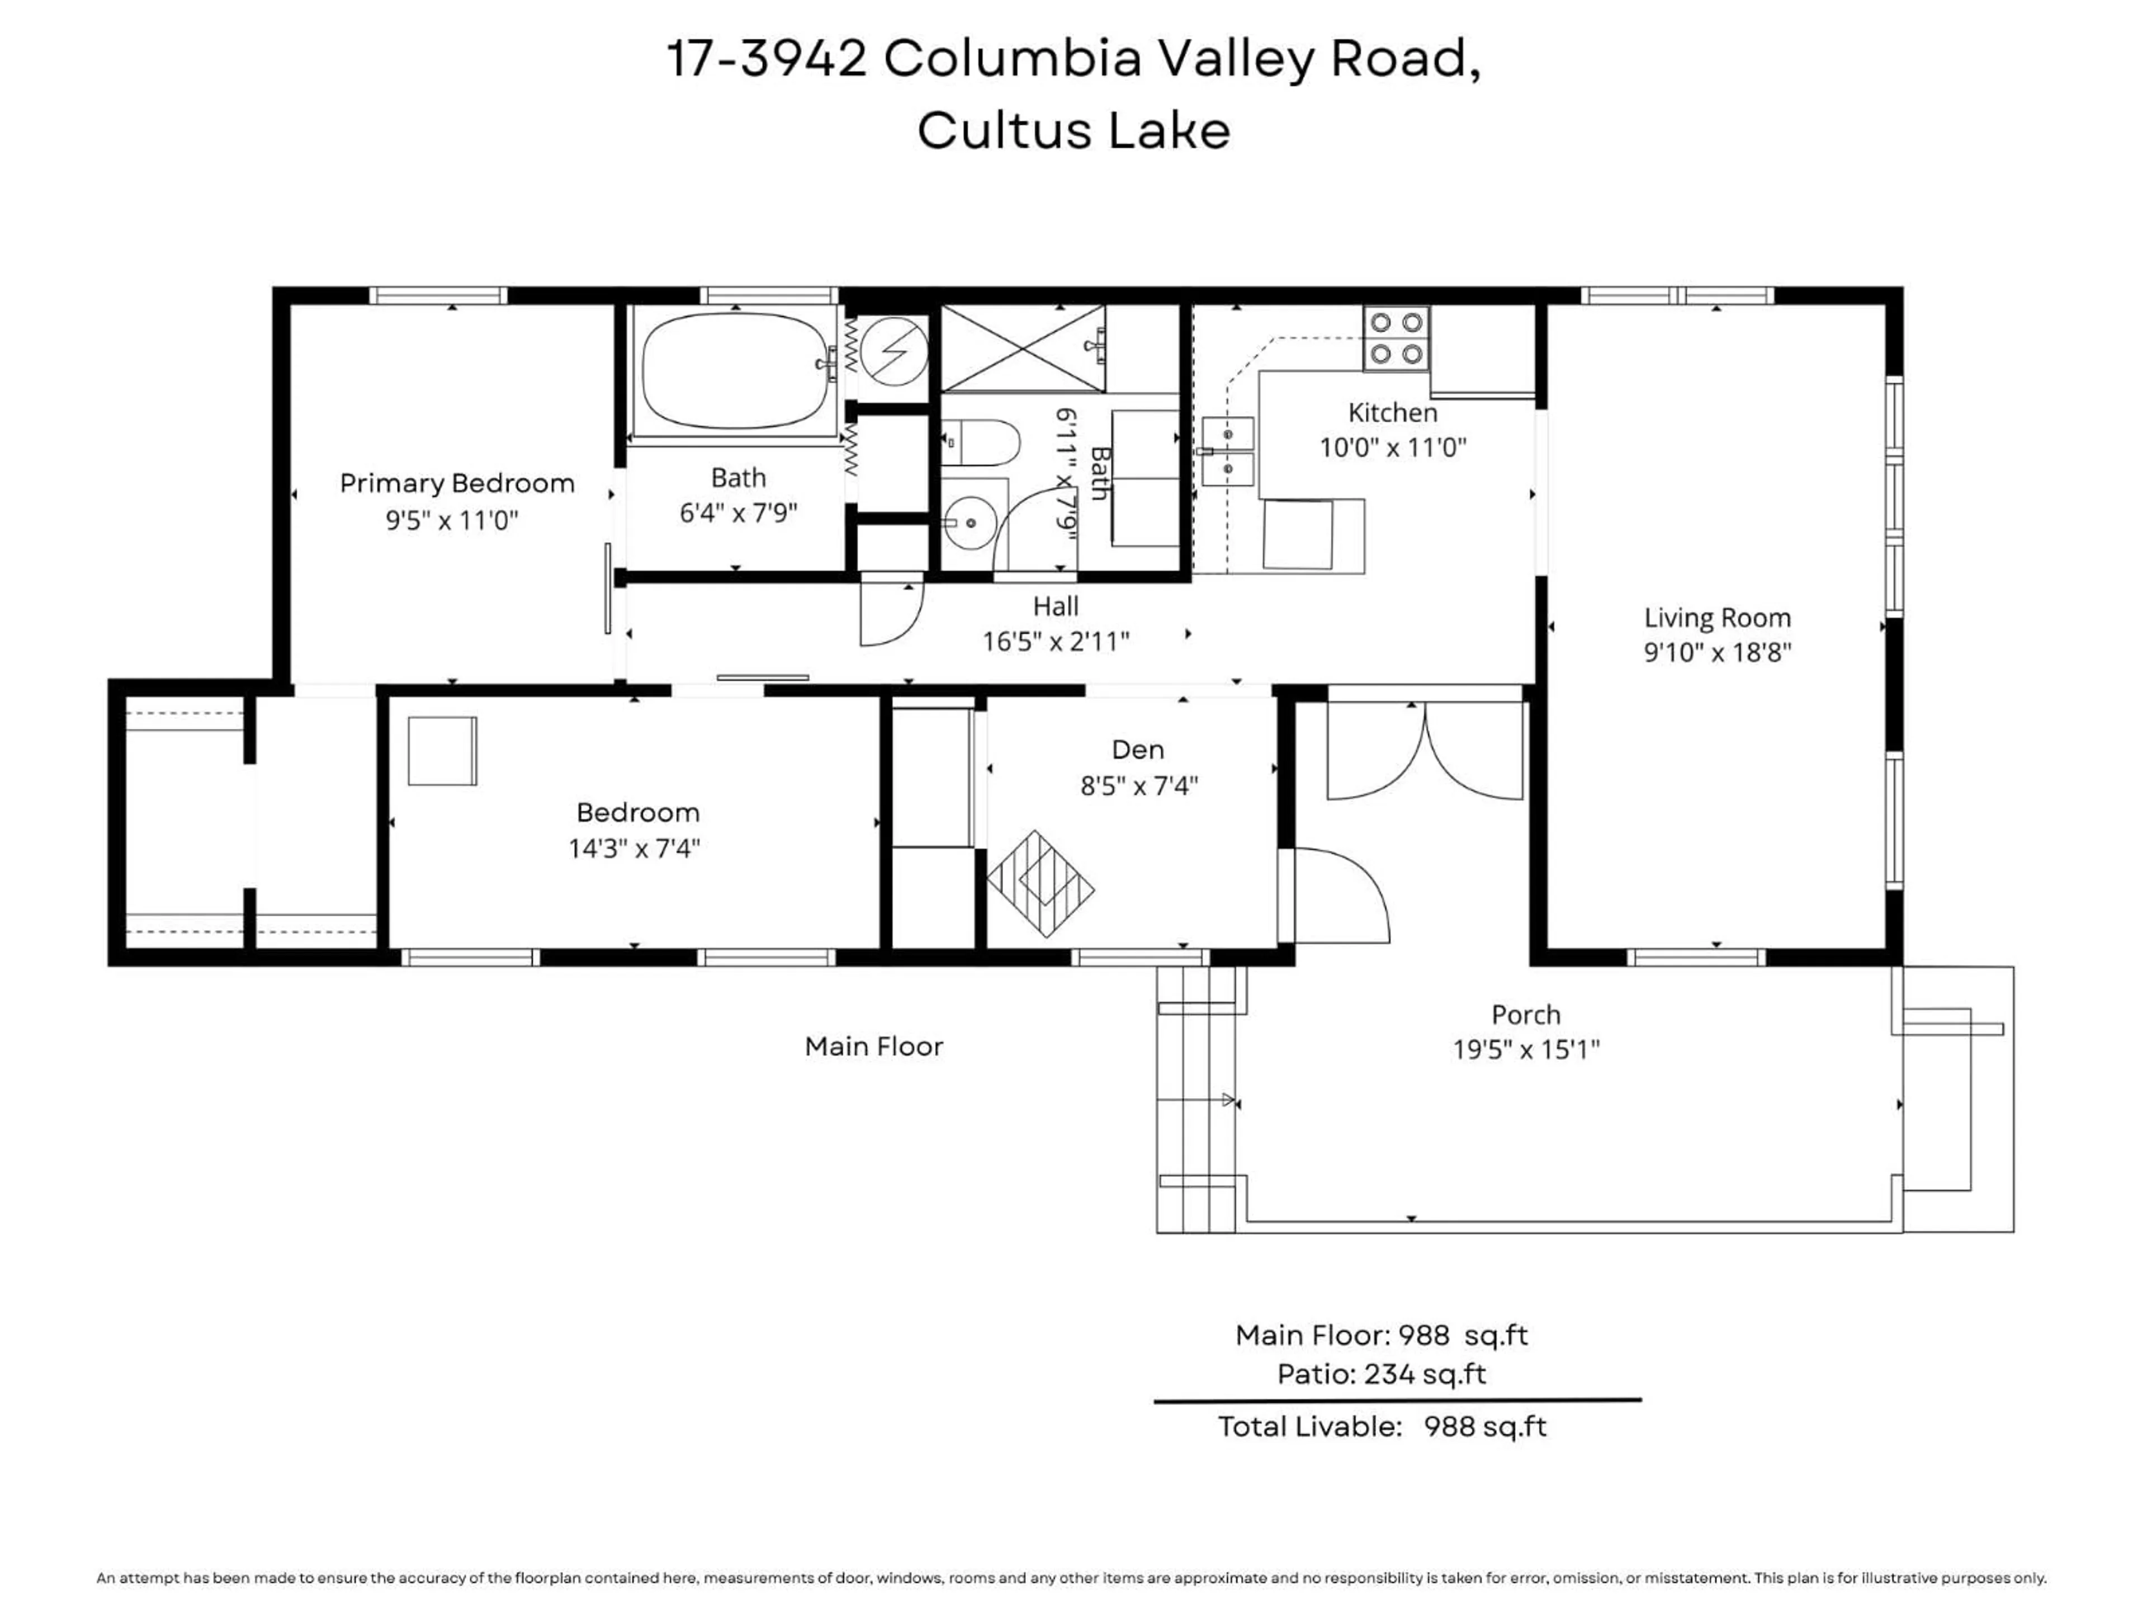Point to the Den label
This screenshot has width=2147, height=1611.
click(x=1138, y=750)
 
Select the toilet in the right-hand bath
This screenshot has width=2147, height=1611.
click(x=980, y=443)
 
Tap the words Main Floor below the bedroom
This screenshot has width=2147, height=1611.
click(x=873, y=1047)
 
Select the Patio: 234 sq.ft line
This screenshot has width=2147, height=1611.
click(x=1380, y=1374)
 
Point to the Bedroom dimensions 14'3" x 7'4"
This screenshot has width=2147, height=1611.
click(x=634, y=849)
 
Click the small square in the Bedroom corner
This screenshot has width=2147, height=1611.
click(x=442, y=751)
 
